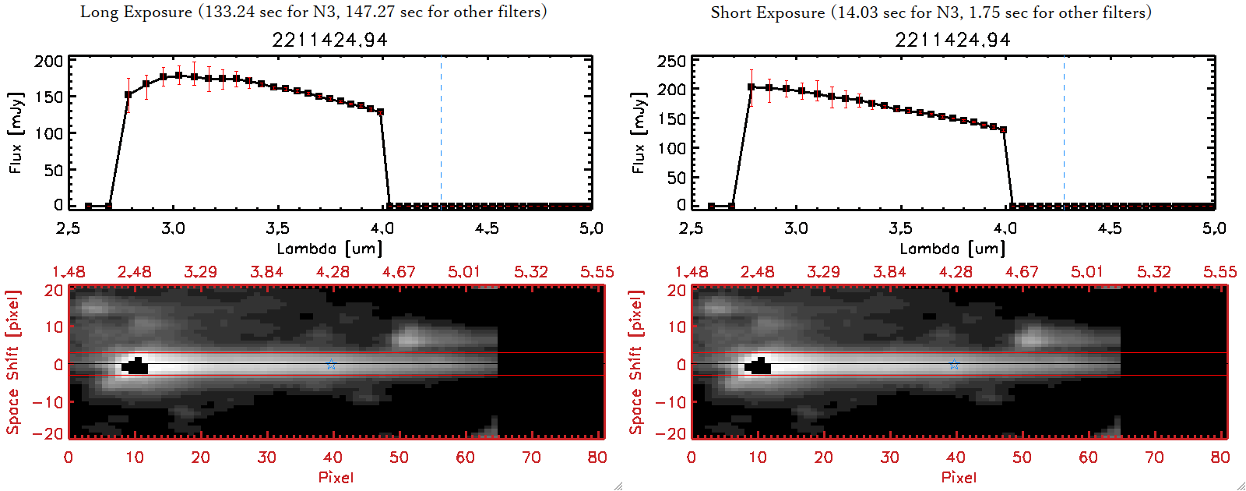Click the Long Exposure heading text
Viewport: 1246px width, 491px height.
[313, 12]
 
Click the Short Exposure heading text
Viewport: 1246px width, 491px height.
[931, 12]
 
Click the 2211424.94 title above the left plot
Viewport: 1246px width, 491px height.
[329, 40]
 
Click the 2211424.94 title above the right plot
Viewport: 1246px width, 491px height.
[952, 40]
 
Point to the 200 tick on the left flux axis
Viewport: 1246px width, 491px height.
[48, 62]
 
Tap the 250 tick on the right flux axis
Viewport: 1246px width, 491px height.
[671, 62]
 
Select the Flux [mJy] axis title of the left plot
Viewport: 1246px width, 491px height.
[16, 132]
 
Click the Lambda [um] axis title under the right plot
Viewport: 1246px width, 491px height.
[952, 249]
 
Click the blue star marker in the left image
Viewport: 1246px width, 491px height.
[331, 364]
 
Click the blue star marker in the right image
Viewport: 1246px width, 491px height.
[954, 364]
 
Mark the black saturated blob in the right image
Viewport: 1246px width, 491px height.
[759, 366]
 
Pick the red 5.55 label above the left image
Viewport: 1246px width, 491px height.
[597, 272]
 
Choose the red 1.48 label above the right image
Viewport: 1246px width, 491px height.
[692, 272]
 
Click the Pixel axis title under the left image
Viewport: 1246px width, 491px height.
[336, 477]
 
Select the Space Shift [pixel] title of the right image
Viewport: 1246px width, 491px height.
[636, 362]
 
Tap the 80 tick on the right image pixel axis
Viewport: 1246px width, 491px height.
[1220, 457]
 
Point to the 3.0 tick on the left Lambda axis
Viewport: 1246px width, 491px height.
[173, 228]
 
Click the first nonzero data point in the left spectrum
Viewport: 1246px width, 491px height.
[128, 95]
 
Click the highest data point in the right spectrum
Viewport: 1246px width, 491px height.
[751, 87]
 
